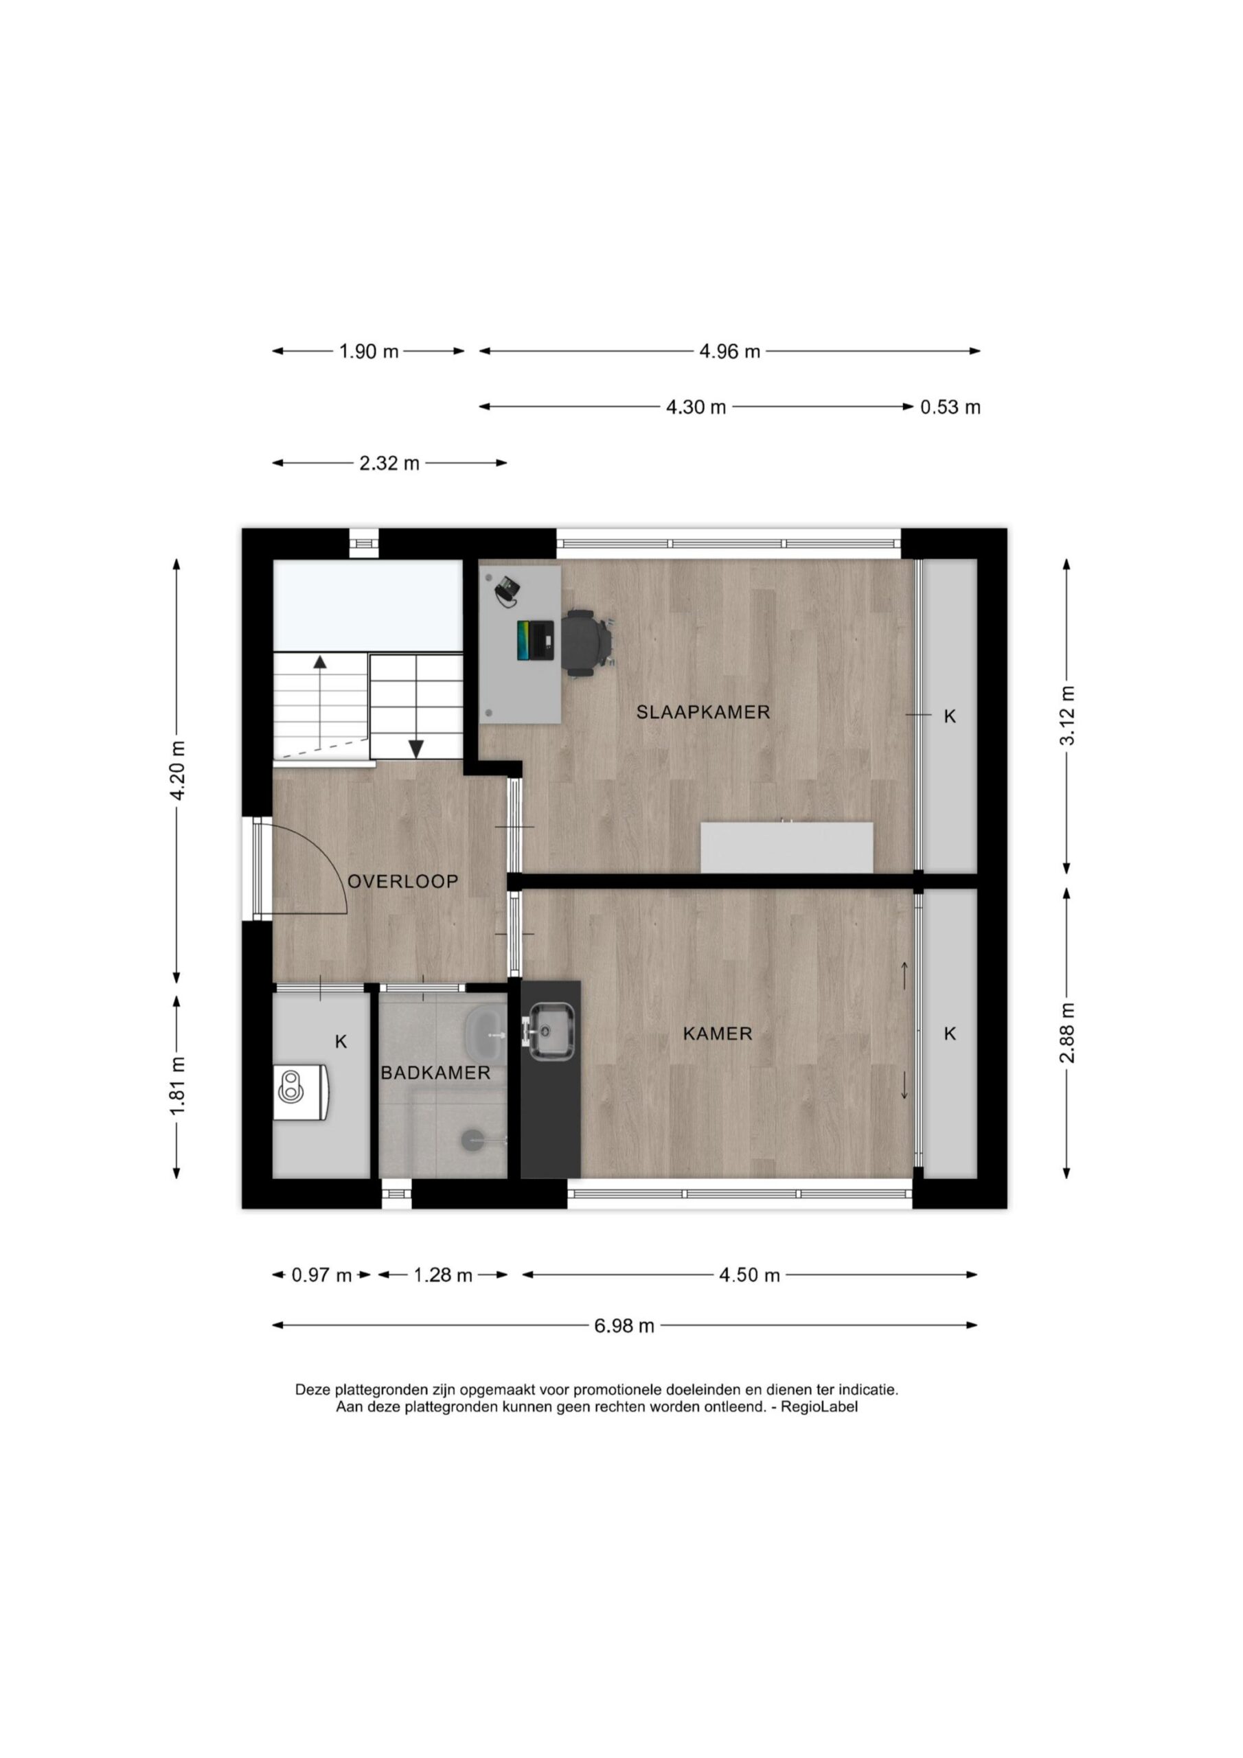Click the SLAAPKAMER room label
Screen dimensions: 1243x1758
pyautogui.click(x=703, y=712)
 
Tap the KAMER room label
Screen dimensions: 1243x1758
pyautogui.click(x=718, y=1034)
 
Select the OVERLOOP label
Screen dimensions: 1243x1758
pyautogui.click(x=403, y=881)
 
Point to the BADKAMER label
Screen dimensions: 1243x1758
pyautogui.click(x=435, y=1073)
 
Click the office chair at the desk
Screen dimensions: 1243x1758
pyautogui.click(x=588, y=642)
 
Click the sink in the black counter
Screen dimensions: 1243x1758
pyautogui.click(x=551, y=1031)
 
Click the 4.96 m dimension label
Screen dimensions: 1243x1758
pyautogui.click(x=729, y=352)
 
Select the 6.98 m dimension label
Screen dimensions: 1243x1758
pyautogui.click(x=624, y=1325)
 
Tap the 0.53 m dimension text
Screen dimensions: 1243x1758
pyautogui.click(x=950, y=407)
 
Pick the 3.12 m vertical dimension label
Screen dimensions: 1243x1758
pyautogui.click(x=1068, y=714)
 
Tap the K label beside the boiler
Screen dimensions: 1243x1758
pyautogui.click(x=341, y=1041)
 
